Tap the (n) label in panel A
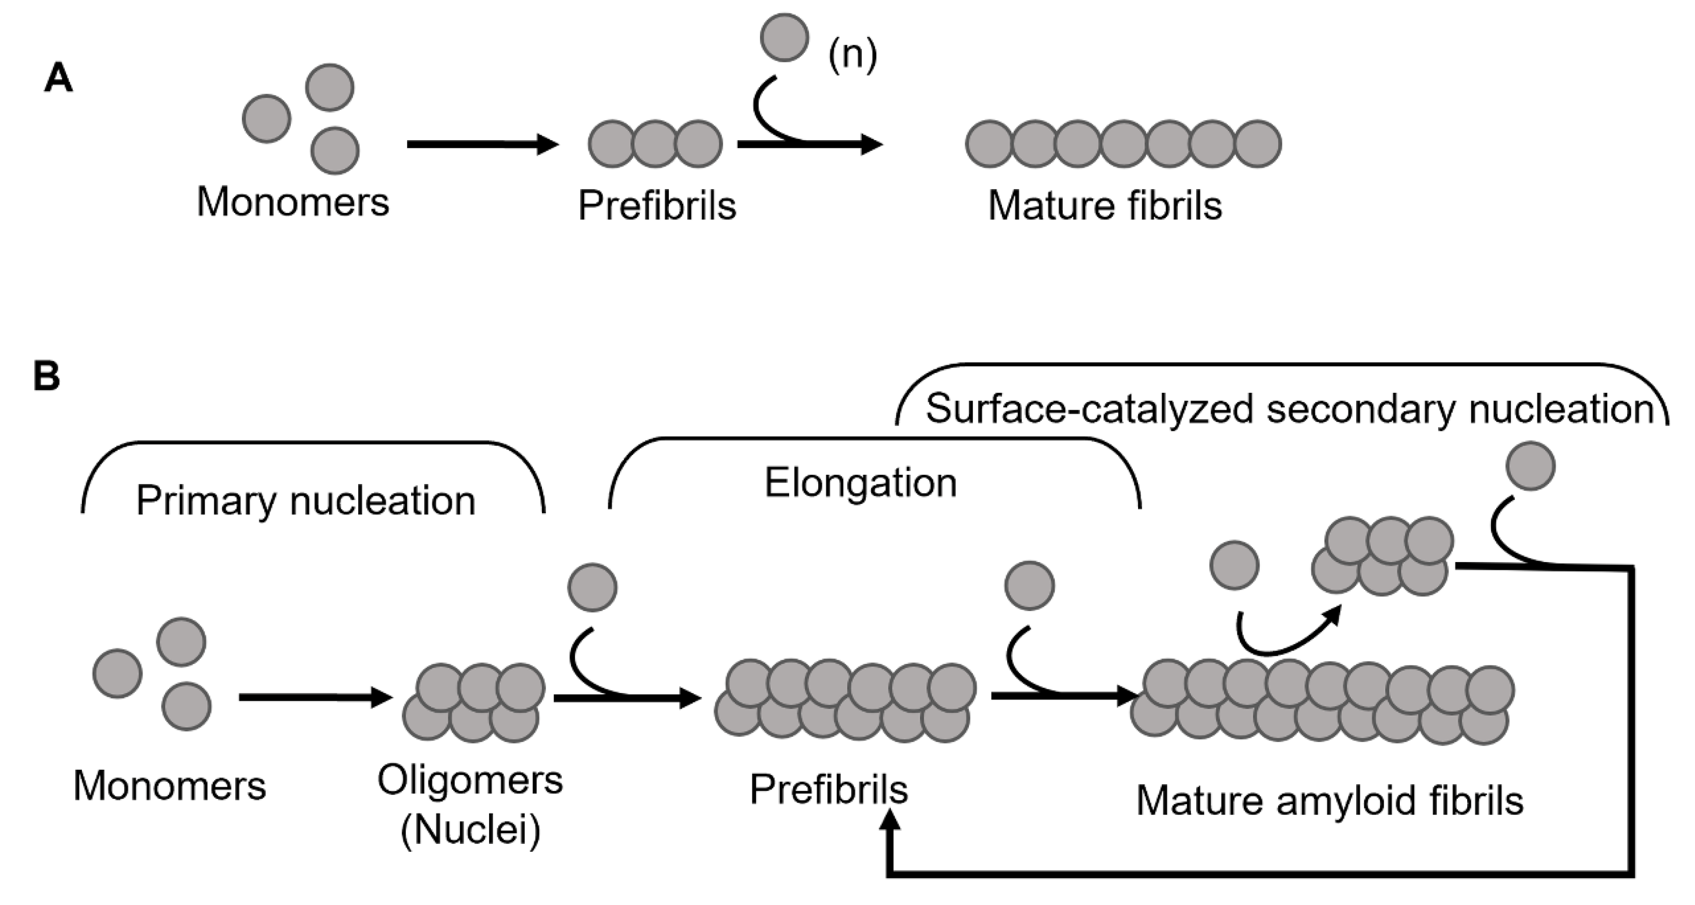(852, 55)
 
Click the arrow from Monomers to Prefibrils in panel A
(482, 144)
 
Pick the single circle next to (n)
(784, 37)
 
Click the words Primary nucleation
(305, 501)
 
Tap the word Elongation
(860, 483)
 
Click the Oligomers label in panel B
(470, 781)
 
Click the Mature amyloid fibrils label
(1329, 801)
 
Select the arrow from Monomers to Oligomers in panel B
(315, 697)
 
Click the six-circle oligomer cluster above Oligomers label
(473, 702)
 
